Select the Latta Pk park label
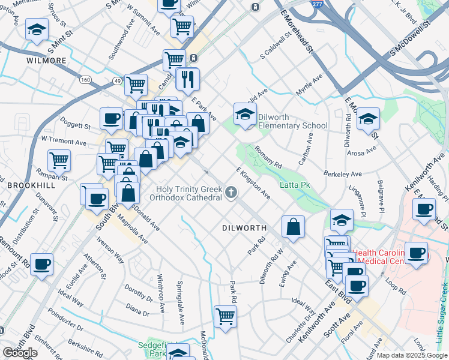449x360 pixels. [x=295, y=185]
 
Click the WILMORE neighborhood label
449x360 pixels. [x=46, y=61]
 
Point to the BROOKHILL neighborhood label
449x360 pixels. [x=31, y=186]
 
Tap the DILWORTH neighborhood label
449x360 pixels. [x=244, y=228]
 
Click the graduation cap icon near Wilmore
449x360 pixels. [x=37, y=29]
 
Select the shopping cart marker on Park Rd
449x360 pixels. [x=225, y=316]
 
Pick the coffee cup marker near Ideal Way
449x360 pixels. [x=41, y=264]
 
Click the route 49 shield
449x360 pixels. [x=114, y=80]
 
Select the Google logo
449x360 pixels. [x=20, y=353]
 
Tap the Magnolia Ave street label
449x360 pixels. [x=133, y=229]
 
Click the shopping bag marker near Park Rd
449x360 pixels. [x=293, y=227]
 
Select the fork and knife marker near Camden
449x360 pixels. [x=189, y=79]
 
